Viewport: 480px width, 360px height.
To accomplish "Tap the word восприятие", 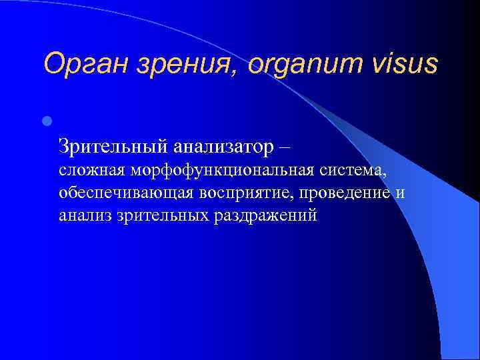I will [245, 194].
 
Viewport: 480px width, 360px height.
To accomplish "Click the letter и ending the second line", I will [400, 194].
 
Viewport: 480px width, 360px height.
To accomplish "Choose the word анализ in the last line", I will [83, 216].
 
